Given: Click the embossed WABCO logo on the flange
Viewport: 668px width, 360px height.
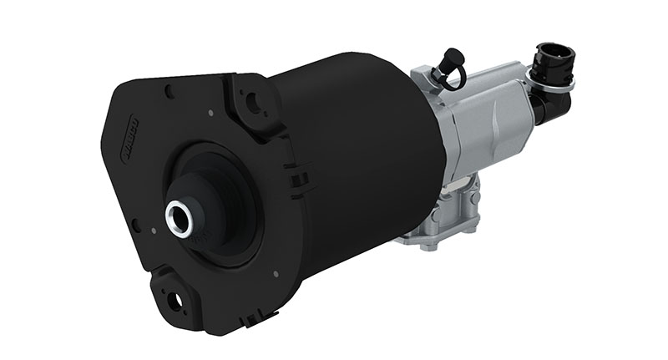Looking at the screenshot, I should pos(126,132).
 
